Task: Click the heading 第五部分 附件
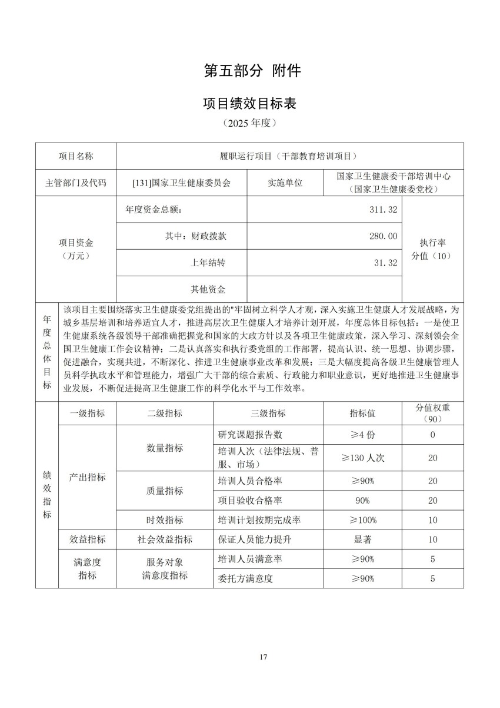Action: pos(252,71)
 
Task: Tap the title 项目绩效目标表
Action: pos(249,104)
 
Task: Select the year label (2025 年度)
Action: pos(249,124)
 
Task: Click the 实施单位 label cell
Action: pos(285,183)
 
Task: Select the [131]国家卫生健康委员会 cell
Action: pos(182,183)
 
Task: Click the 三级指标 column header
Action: pos(268,413)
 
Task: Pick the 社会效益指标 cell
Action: pos(165,539)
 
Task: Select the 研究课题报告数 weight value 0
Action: pos(432,435)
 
